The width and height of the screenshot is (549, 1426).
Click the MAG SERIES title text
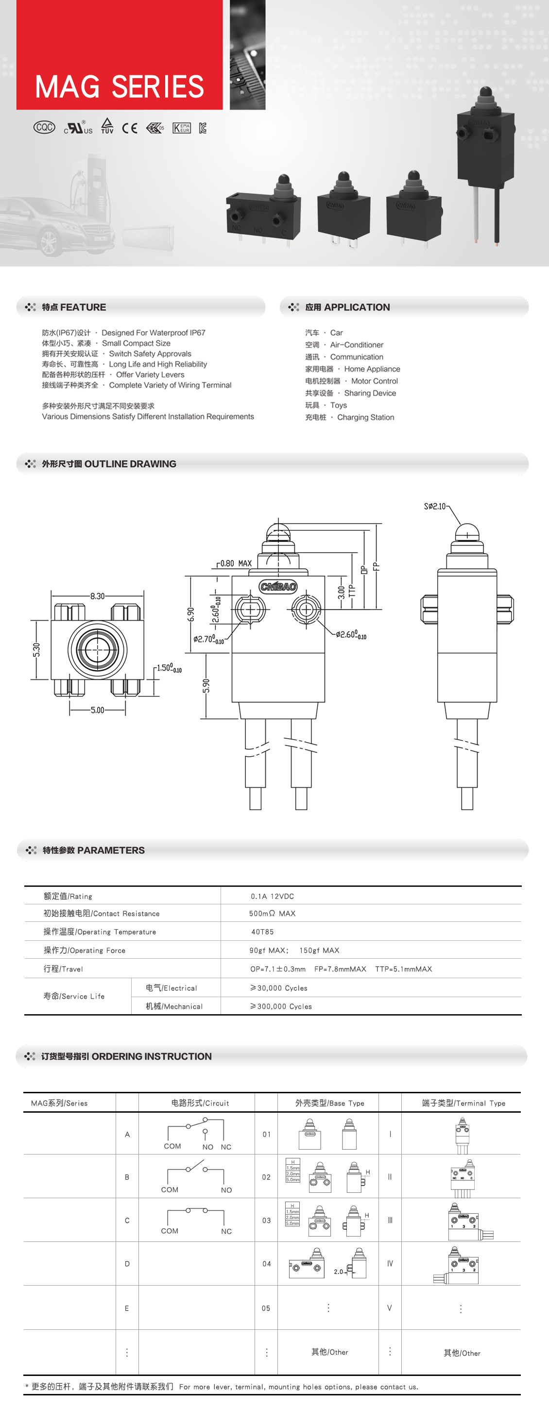coord(119,87)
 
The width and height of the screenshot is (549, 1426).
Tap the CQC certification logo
coord(44,127)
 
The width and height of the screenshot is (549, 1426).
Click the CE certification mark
coord(130,128)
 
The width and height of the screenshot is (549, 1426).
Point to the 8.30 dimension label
coord(98,596)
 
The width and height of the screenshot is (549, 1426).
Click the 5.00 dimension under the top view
coord(98,710)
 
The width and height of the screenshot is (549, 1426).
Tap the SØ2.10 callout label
coord(435,506)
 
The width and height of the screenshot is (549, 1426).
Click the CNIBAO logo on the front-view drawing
coord(278,587)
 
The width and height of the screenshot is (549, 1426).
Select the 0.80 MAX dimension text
coord(236,563)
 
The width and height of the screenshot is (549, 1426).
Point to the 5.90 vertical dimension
coord(206,686)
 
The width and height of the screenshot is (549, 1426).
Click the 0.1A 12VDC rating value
coord(272,896)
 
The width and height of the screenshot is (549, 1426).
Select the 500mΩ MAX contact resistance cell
coord(272,914)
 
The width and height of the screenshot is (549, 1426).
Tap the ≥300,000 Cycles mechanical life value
coord(281,1006)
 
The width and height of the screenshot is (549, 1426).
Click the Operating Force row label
coord(84,951)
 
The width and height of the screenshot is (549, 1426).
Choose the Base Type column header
coord(329,1103)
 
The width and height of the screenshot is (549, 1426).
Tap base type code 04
coord(266,1264)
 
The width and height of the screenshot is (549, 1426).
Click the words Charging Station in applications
coord(366,417)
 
